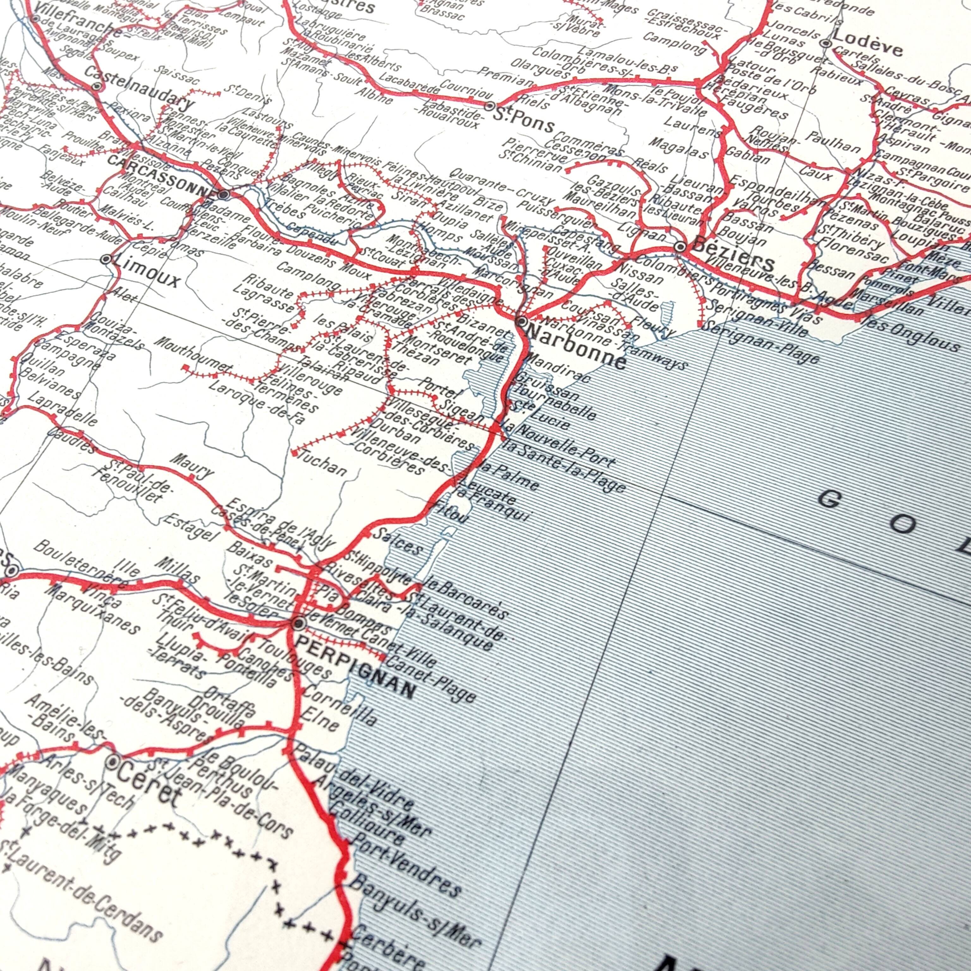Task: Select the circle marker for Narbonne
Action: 522,321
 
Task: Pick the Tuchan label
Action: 322,463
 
